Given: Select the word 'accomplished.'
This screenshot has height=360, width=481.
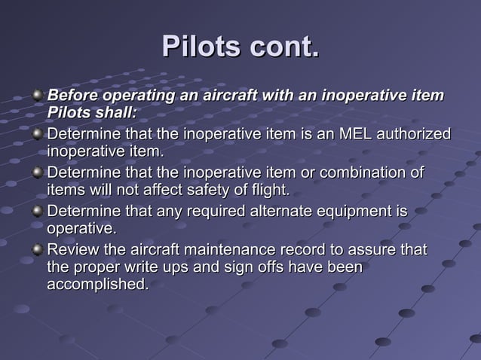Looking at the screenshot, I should (97, 285).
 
